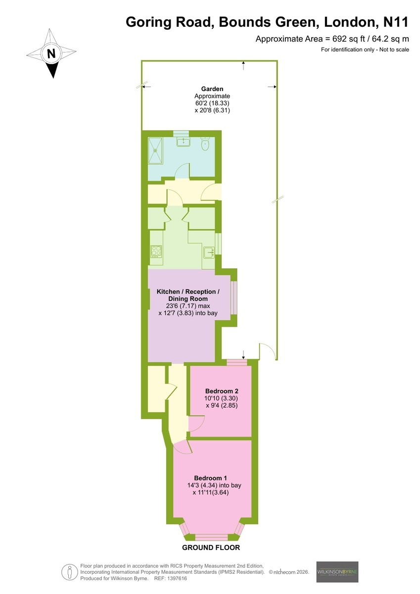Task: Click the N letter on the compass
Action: [x=51, y=53]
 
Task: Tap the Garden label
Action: [x=212, y=89]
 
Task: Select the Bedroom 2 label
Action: [x=222, y=391]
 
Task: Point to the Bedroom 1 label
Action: [x=210, y=478]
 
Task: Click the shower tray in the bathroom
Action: [x=155, y=151]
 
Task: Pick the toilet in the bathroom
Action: [x=205, y=144]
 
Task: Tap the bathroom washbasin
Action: [x=183, y=142]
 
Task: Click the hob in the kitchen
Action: [x=156, y=251]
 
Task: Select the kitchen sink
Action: [x=209, y=252]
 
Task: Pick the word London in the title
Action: [x=352, y=22]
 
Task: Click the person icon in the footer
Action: [x=70, y=572]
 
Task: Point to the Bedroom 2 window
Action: [x=236, y=362]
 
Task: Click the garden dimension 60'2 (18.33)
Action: [x=212, y=103]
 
